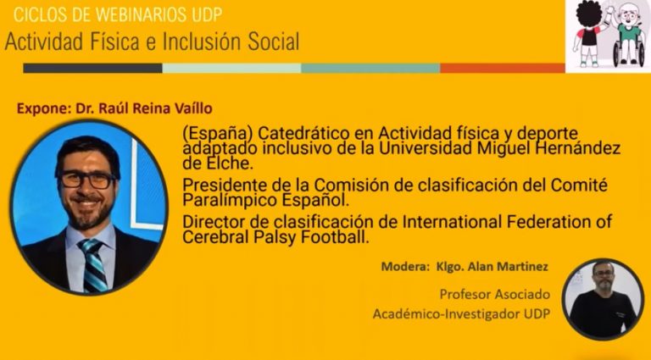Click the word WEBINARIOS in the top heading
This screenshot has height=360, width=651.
click(x=143, y=14)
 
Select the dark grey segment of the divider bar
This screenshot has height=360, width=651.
click(x=92, y=68)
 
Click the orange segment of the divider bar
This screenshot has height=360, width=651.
click(x=503, y=68)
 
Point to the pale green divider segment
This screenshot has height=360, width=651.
click(x=231, y=68)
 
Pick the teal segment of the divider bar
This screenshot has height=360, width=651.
click(x=370, y=68)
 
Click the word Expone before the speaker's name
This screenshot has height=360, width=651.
click(x=42, y=108)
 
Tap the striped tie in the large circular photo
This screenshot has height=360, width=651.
click(x=93, y=265)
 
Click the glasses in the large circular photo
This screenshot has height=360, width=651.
click(x=87, y=180)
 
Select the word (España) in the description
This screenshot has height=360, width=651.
click(x=218, y=134)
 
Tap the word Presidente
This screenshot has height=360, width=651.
click(x=227, y=185)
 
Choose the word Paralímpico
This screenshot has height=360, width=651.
click(x=230, y=201)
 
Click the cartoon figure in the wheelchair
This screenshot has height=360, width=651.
click(x=630, y=36)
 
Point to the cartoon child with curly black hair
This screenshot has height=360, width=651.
click(x=589, y=33)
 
